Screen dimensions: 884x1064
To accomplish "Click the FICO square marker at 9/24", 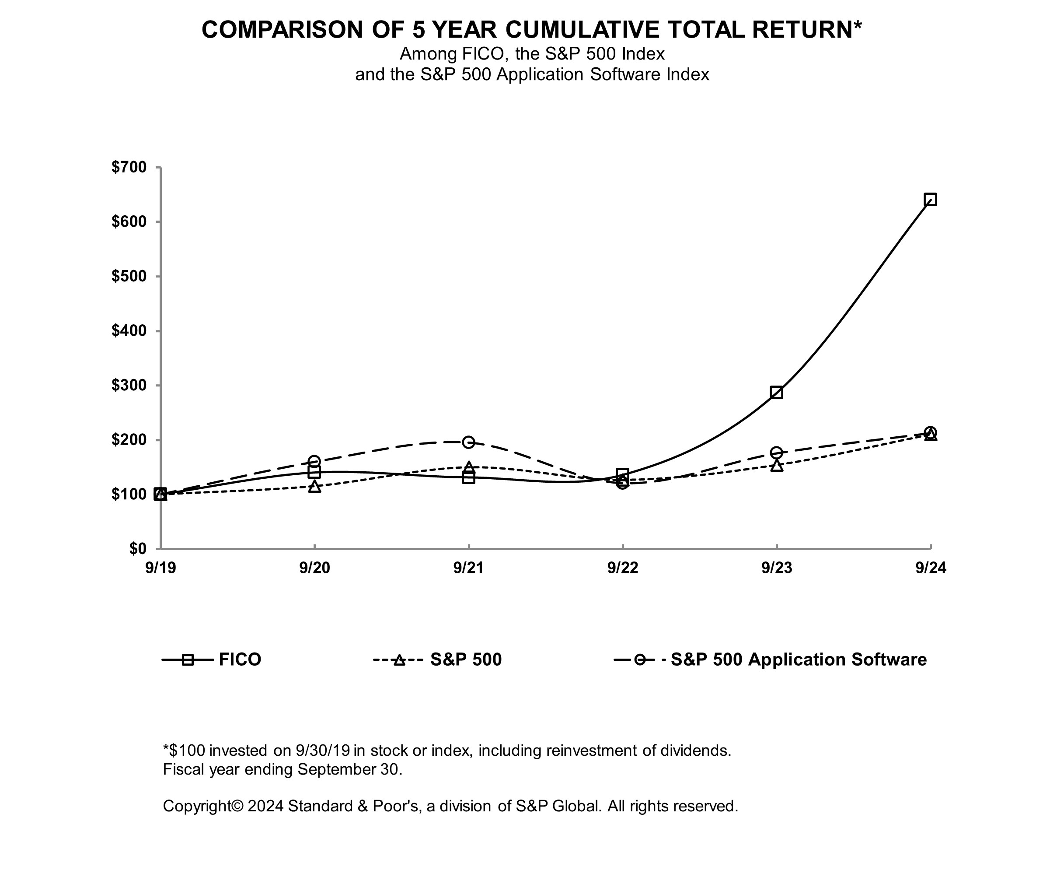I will point(930,199).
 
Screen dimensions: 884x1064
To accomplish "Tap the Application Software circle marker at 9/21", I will point(469,442).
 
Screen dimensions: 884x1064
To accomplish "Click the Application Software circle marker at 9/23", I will point(776,452).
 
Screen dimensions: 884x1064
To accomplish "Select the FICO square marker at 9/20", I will point(314,472).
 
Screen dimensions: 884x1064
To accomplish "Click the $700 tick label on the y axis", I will point(129,167).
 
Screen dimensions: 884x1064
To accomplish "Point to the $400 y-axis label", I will point(129,331).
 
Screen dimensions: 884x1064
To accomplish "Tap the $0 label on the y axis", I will point(137,548).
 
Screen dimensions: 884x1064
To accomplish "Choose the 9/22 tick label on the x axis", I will point(623,568).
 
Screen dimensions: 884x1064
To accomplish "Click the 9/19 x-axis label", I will point(160,568).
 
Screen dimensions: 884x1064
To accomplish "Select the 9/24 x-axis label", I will point(931,568).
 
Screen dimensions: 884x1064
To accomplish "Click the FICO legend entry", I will point(240,659).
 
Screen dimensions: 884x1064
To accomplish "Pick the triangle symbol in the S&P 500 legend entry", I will point(399,660).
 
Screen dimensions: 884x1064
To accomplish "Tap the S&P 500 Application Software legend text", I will point(799,659).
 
